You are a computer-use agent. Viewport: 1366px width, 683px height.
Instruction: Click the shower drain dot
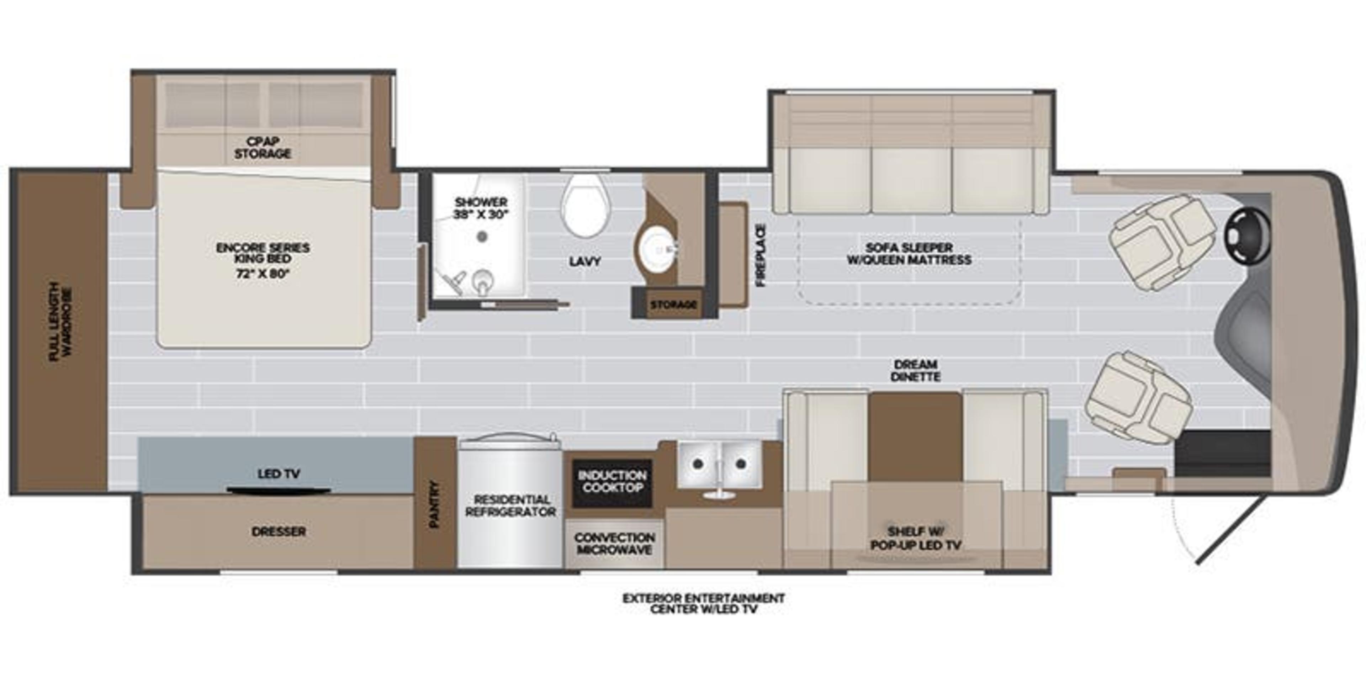[482, 237]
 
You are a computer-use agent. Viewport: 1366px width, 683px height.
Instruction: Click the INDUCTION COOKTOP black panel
[612, 483]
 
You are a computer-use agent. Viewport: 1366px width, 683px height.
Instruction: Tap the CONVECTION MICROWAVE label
[614, 544]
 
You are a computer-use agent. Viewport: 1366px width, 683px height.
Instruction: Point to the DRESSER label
[279, 531]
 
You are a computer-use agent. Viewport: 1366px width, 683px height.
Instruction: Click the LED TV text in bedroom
[279, 473]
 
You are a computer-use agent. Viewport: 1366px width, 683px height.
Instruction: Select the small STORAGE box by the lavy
[673, 305]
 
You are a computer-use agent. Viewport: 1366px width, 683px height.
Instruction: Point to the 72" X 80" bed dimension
[263, 274]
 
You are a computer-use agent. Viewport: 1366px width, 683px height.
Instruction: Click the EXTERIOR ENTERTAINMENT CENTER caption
[703, 603]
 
